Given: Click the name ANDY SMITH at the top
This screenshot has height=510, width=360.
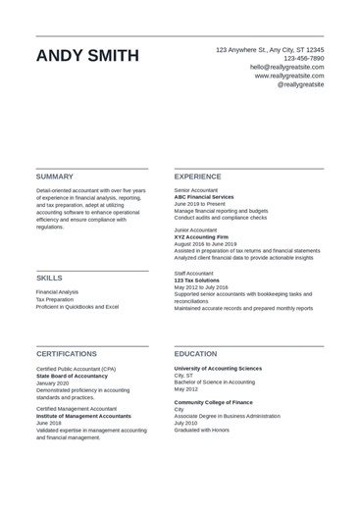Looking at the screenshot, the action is pos(87,56).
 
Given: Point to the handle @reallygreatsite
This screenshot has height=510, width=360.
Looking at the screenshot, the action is pos(300,84).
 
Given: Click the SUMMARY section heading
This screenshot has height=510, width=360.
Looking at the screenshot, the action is pos(55,177).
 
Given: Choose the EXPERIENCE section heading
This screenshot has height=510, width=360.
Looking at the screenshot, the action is pos(197,177).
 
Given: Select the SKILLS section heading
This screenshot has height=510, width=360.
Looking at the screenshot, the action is pos(49,278).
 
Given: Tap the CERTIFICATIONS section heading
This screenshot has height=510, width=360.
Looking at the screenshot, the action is pos(67,353).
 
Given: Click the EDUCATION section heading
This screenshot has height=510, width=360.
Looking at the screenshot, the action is pos(195,353).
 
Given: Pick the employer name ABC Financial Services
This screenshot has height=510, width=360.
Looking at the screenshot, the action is pos(204,197).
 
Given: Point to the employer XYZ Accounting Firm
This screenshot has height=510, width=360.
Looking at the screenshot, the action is pos(201,236).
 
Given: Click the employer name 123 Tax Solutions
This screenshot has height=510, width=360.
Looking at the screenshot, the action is pos(197,280).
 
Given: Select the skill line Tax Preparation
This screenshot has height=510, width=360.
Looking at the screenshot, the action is pos(55,299).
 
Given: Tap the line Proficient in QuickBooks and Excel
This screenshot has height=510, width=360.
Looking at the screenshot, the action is pos(77,307).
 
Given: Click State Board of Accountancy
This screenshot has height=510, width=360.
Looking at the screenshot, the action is pos(73,376).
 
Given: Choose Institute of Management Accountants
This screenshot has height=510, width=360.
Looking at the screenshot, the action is pos(83,416).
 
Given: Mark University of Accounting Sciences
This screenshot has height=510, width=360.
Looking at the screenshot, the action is pos(218,368).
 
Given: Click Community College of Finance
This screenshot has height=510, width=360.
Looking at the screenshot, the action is pos(213,402).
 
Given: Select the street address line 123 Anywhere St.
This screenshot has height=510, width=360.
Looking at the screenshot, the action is pos(270,49).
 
